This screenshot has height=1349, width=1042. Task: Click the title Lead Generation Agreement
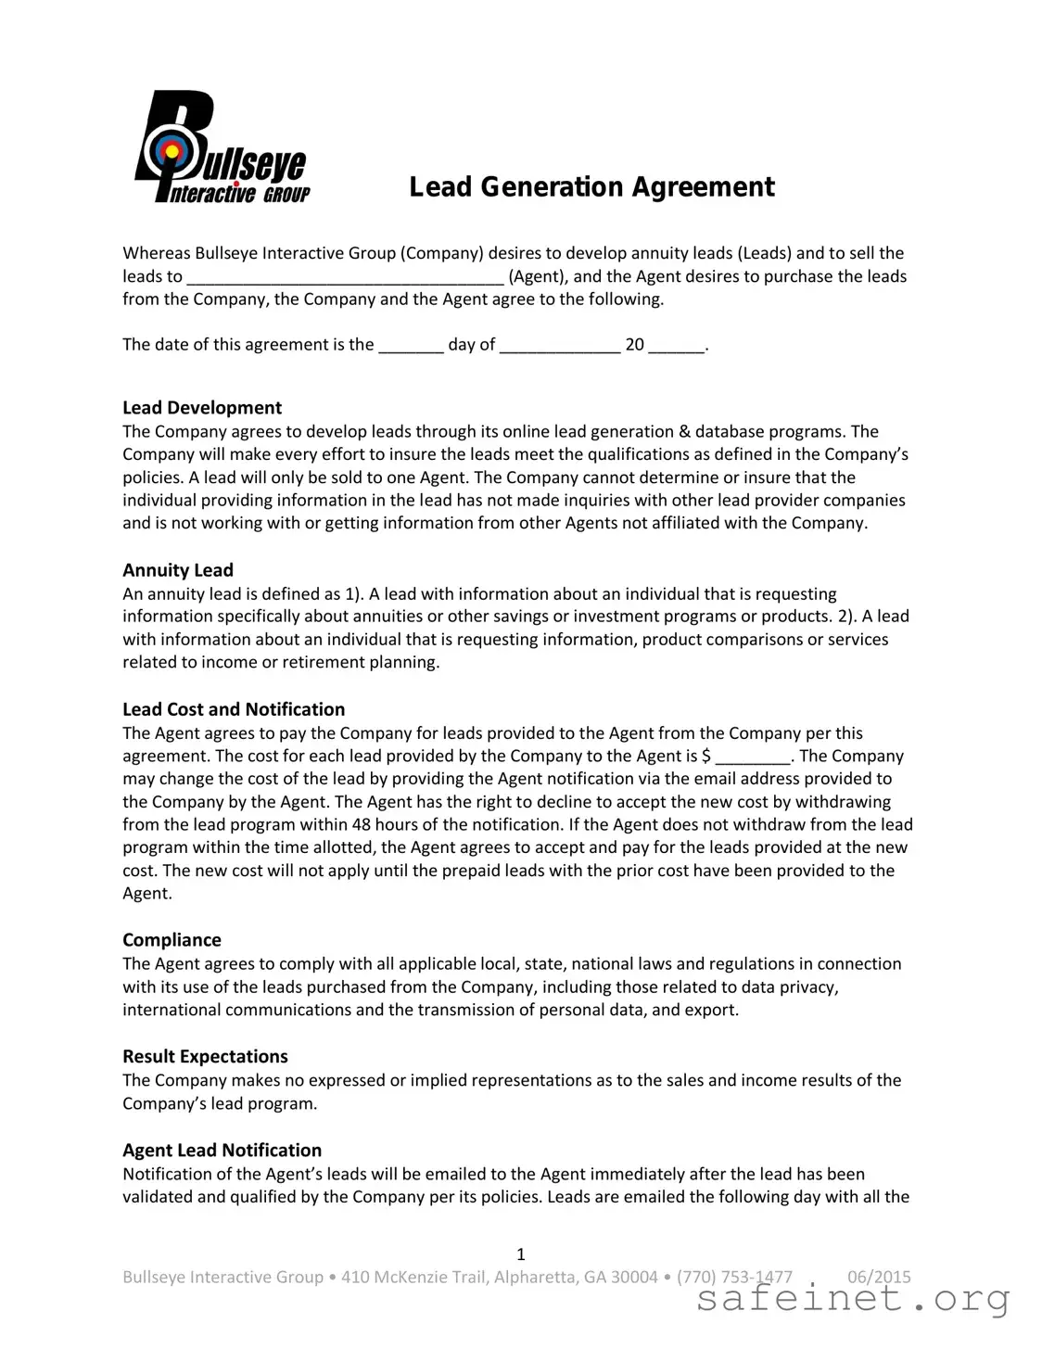coord(591,187)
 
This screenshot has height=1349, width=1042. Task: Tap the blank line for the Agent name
coord(346,277)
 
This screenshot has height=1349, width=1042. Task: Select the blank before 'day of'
coord(411,346)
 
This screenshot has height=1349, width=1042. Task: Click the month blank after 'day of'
coord(560,346)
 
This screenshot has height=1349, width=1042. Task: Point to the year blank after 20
coord(677,346)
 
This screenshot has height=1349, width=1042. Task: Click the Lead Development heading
coord(202,408)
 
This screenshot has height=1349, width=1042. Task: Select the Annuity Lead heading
coord(178,570)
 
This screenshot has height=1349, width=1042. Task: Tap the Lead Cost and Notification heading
coord(234,709)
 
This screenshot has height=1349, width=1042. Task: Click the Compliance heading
coord(172,940)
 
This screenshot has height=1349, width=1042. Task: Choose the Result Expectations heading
coord(205,1057)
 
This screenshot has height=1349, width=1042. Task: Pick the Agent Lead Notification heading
coord(222,1151)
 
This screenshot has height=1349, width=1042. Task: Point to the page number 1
coord(521,1254)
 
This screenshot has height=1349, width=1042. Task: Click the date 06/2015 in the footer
coord(879,1277)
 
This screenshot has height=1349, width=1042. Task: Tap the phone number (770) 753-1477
coord(734,1277)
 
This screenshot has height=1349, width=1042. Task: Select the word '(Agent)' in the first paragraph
coord(538,276)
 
